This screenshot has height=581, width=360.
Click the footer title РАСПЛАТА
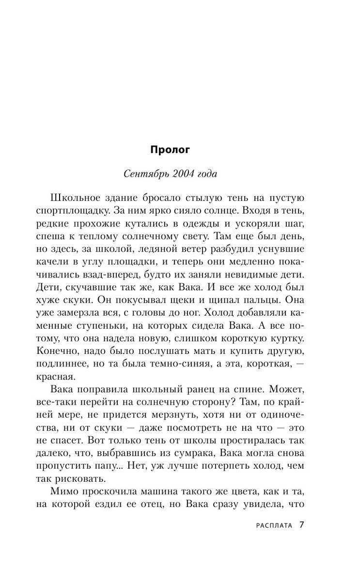tap(273, 525)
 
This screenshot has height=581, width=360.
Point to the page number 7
tap(302, 525)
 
